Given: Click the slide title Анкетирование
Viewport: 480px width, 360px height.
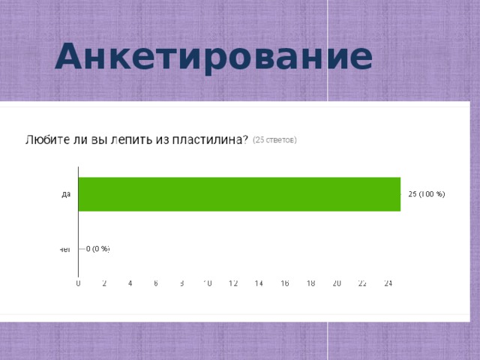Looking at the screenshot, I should point(214,57).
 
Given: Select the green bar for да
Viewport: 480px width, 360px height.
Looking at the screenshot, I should point(239,194).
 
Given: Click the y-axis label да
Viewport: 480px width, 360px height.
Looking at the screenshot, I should point(66,194).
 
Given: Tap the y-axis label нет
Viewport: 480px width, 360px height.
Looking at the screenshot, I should point(65,249).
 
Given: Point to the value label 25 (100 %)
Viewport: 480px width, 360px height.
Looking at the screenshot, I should point(426,195).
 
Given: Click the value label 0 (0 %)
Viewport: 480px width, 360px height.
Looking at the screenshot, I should point(98,249).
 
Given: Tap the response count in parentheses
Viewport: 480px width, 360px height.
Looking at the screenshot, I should point(274,139).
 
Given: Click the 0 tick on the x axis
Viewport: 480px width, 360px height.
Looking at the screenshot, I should point(79,283).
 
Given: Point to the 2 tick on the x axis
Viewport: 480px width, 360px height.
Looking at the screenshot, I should point(104,283).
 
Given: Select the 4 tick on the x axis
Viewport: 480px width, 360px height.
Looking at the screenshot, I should point(130,283).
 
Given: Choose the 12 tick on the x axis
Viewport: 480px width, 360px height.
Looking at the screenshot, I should point(233,283).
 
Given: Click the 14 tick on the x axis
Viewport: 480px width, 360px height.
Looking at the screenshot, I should point(259,283).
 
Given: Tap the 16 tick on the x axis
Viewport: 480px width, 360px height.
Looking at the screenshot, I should point(285,283).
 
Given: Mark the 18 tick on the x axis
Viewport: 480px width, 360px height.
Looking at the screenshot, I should point(310,283).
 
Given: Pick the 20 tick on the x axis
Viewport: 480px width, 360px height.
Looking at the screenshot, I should point(337,283).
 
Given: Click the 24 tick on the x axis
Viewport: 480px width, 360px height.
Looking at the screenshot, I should point(388,283).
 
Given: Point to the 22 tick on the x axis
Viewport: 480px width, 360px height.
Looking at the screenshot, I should point(362,283).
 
